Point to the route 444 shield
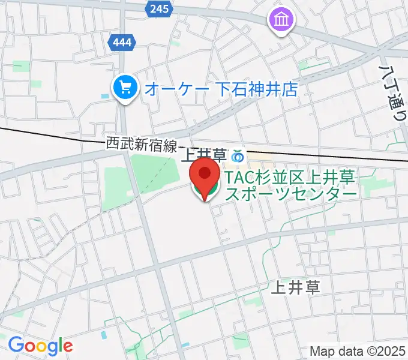point(122,43)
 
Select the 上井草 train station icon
point(237,156)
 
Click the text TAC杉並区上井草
point(291,178)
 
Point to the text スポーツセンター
point(291,193)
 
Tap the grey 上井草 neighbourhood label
point(295,287)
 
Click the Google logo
point(40,346)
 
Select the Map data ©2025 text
point(358,351)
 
